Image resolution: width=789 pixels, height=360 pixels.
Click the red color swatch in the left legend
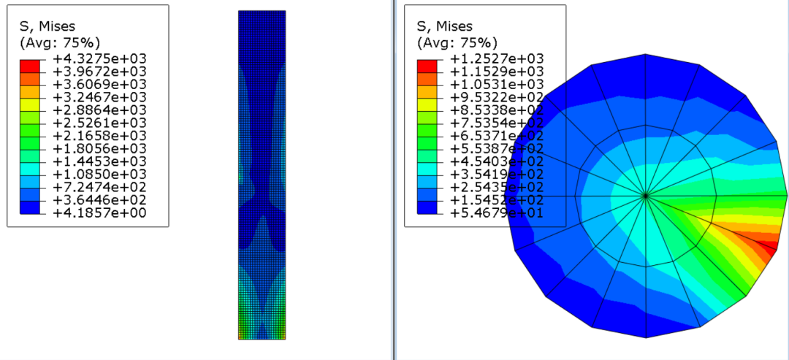pyautogui.click(x=29, y=66)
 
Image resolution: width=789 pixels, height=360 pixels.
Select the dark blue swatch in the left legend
pyautogui.click(x=29, y=207)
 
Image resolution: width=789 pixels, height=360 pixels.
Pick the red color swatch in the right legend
pyautogui.click(x=427, y=66)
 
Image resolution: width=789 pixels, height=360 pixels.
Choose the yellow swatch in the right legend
pyautogui.click(x=427, y=104)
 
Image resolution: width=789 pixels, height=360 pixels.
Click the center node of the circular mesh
pyautogui.click(x=646, y=196)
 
